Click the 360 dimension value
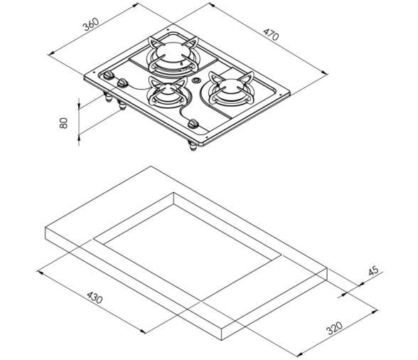90,24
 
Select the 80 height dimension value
63,122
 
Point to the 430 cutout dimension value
94,296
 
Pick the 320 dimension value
333,328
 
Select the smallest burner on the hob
164,92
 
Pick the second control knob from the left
123,83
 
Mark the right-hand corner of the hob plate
287,92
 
